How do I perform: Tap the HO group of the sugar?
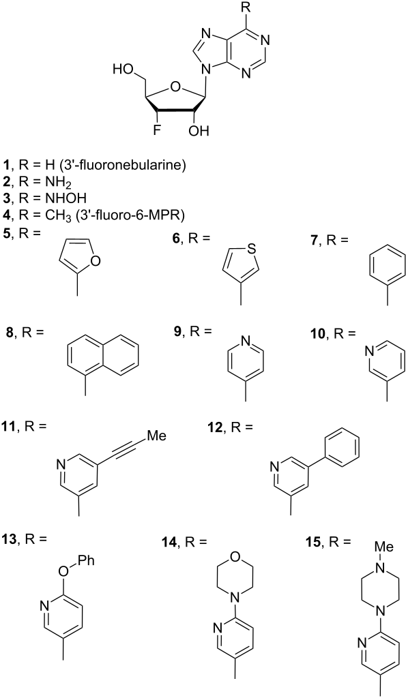(122, 69)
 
